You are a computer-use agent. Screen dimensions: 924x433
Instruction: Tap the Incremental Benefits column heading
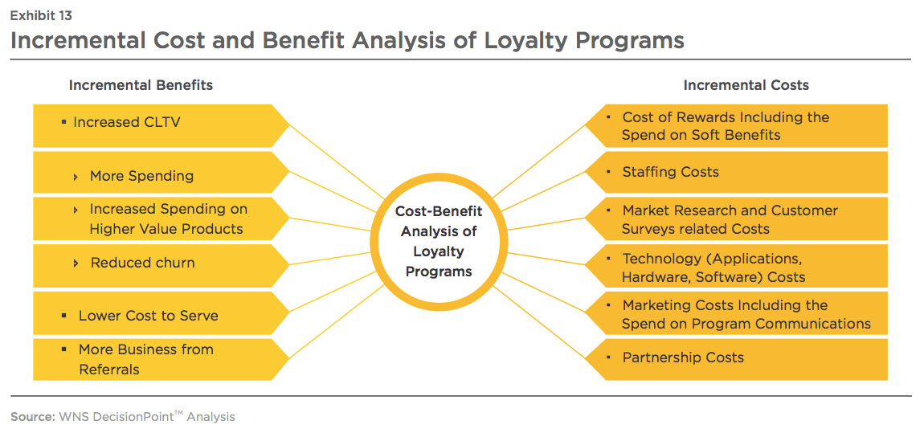tap(141, 85)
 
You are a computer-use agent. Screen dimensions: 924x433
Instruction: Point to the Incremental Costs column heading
tap(746, 85)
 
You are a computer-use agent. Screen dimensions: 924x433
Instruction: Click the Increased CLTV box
tap(161, 125)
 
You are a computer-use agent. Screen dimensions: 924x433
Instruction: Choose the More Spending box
tap(161, 172)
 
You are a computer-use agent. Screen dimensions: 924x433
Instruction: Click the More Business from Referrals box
tap(161, 359)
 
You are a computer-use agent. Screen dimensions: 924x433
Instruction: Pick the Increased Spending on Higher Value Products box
tap(161, 219)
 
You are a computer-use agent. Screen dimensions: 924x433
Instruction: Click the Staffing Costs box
tap(736, 172)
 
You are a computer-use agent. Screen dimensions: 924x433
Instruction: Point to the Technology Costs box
tap(736, 266)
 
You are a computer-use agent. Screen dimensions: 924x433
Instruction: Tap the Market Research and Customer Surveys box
tap(736, 219)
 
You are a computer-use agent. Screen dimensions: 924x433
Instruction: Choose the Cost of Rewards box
tap(736, 125)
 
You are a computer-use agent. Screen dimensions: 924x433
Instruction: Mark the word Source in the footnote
tap(33, 417)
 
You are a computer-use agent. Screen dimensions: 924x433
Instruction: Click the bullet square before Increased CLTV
tap(63, 122)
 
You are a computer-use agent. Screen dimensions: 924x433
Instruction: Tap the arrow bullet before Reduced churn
tap(76, 263)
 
